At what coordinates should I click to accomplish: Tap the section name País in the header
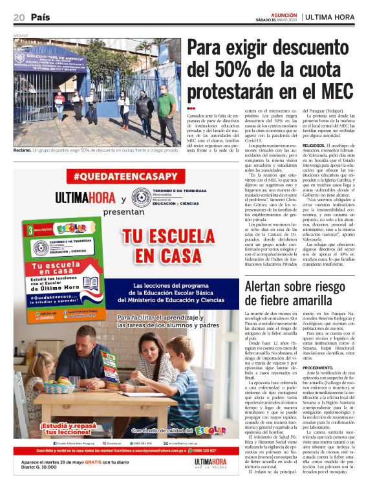point(40,17)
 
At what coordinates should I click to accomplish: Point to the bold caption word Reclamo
point(23,151)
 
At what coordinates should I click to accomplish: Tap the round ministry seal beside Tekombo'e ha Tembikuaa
point(142,197)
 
